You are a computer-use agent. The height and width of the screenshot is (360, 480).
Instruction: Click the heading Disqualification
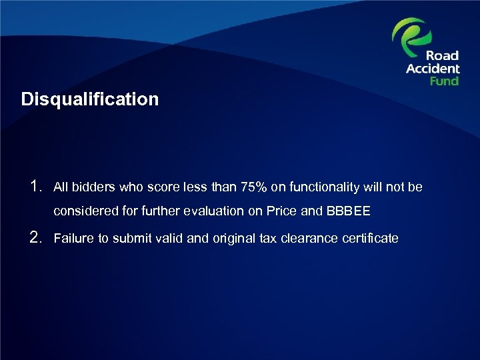pos(90,100)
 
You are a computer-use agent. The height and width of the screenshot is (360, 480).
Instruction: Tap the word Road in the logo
pos(443,56)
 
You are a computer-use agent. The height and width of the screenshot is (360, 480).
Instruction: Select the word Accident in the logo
pos(433,69)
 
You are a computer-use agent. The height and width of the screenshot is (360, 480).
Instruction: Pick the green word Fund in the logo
pos(444,81)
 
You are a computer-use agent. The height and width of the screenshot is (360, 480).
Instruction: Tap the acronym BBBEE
pos(348,212)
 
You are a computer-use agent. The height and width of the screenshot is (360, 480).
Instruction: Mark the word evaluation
pos(213,212)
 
